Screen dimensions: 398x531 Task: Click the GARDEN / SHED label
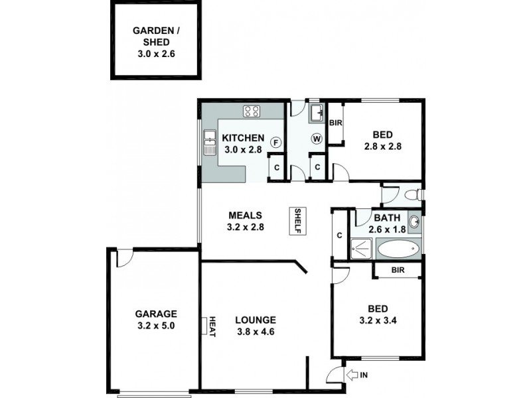pos(155,40)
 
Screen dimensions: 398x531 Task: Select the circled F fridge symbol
pos(276,141)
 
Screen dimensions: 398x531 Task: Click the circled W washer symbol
pos(317,139)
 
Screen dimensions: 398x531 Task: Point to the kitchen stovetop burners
pos(252,111)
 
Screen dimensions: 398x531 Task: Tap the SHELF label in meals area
pos(298,221)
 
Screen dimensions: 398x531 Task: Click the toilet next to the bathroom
pos(412,194)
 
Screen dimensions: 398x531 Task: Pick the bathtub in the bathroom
pos(398,249)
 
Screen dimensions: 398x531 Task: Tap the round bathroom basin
pos(414,222)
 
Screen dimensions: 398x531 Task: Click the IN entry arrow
pos(355,375)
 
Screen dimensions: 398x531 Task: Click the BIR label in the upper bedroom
pos(335,123)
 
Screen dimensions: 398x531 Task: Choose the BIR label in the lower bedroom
pos(398,270)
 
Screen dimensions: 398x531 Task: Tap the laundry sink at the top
pos(317,111)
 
